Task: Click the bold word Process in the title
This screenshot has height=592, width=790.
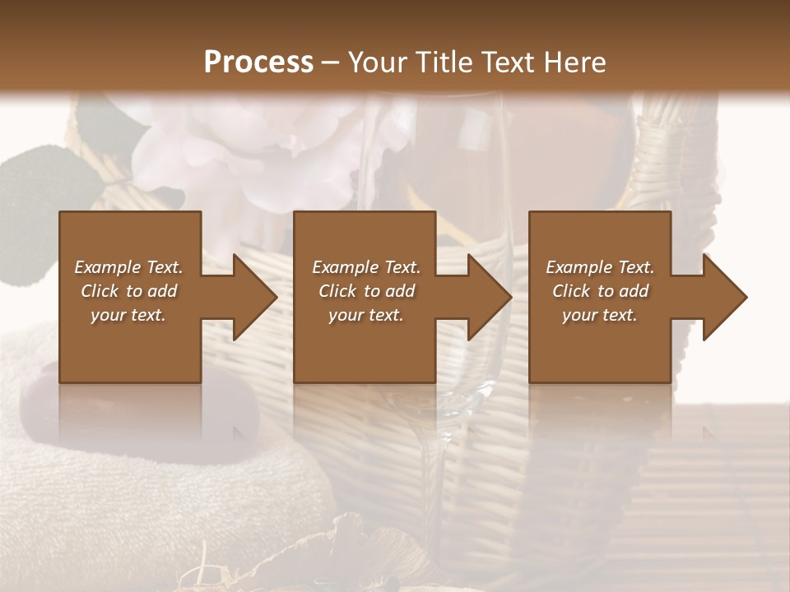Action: click(258, 62)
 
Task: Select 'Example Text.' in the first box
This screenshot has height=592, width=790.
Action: click(128, 267)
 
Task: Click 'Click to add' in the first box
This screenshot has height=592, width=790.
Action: click(128, 291)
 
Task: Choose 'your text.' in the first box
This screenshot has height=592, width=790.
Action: click(128, 315)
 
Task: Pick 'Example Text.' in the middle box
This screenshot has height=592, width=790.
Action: click(366, 267)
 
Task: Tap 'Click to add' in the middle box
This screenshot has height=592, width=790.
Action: click(366, 291)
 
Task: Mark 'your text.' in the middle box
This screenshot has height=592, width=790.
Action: click(366, 315)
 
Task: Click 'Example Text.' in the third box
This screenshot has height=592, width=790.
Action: click(600, 267)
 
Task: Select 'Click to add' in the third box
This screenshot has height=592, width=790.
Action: click(600, 291)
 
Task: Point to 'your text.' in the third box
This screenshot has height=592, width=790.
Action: click(600, 315)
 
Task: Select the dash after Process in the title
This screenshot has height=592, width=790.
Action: click(331, 62)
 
